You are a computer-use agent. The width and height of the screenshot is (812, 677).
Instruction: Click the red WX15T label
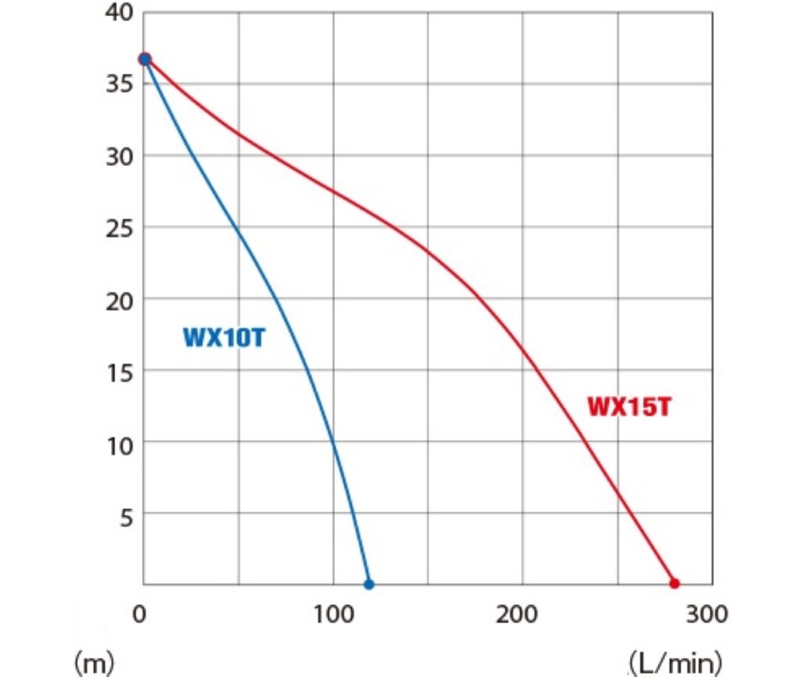629,407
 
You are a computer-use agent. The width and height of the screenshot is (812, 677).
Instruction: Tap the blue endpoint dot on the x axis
369,584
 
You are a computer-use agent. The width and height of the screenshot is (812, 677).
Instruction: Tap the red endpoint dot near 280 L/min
674,583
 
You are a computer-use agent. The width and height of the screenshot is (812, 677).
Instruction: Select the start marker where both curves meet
145,58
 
